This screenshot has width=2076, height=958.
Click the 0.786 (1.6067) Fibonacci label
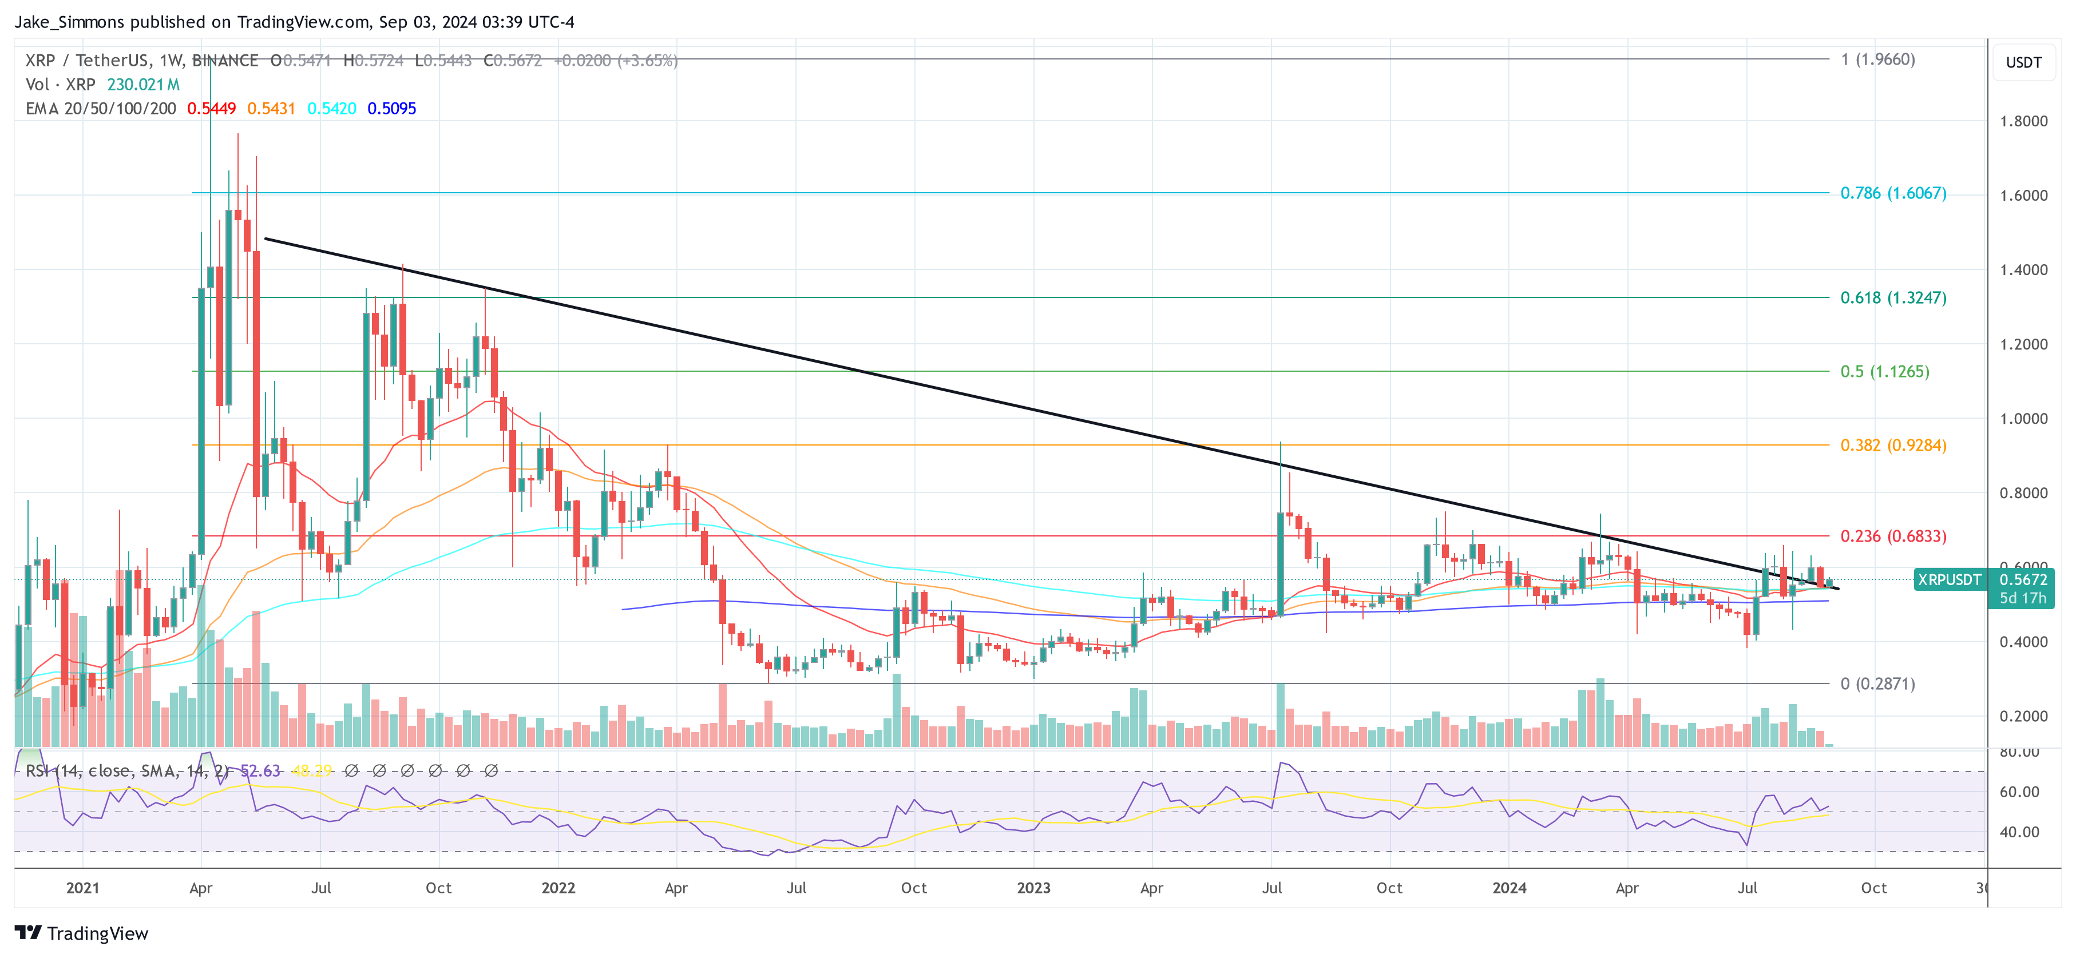pyautogui.click(x=1892, y=193)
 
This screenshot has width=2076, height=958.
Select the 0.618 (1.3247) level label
pyautogui.click(x=1892, y=298)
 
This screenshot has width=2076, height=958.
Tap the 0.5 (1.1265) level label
pyautogui.click(x=1884, y=371)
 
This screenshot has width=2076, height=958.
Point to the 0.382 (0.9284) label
pyautogui.click(x=1892, y=446)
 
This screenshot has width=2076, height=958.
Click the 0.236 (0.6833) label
pyautogui.click(x=1892, y=536)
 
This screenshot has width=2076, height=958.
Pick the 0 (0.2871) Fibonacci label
pyautogui.click(x=1877, y=684)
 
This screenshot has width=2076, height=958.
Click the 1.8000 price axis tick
pyautogui.click(x=2023, y=122)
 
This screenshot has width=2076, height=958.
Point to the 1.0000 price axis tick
pyautogui.click(x=2023, y=419)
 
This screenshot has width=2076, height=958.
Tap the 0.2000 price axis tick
pyautogui.click(x=2023, y=716)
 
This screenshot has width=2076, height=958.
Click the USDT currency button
pyautogui.click(x=2023, y=63)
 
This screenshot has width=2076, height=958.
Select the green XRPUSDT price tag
pyautogui.click(x=1948, y=580)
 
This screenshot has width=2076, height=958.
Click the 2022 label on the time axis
pyautogui.click(x=558, y=888)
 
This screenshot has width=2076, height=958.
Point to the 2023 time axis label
pyautogui.click(x=1033, y=888)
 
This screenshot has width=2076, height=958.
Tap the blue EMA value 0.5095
pyautogui.click(x=391, y=109)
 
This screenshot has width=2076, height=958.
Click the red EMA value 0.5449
pyautogui.click(x=211, y=109)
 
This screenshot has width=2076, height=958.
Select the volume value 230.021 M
pyautogui.click(x=144, y=85)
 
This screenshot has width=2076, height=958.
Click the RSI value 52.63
pyautogui.click(x=260, y=771)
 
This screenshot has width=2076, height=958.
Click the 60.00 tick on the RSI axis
pyautogui.click(x=2019, y=792)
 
